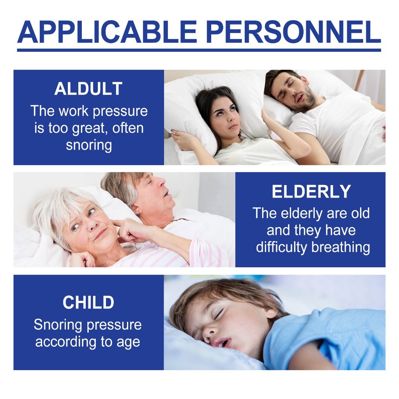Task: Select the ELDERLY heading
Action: click(311, 191)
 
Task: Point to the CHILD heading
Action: click(88, 302)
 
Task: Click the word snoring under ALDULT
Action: click(89, 145)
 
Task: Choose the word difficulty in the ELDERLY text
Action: click(282, 247)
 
